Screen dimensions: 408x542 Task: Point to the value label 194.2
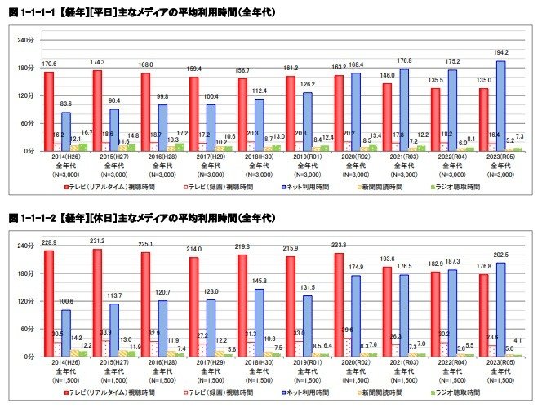[x=489, y=52]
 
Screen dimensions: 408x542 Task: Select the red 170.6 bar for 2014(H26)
[x=49, y=111]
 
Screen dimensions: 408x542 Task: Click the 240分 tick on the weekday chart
[x=25, y=39]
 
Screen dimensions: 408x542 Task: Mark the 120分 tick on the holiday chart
[x=25, y=301]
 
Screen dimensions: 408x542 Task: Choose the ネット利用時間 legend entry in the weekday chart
[x=305, y=187]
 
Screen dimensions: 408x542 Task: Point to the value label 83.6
[x=66, y=104]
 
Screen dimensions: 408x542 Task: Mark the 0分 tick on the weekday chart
[x=28, y=151]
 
